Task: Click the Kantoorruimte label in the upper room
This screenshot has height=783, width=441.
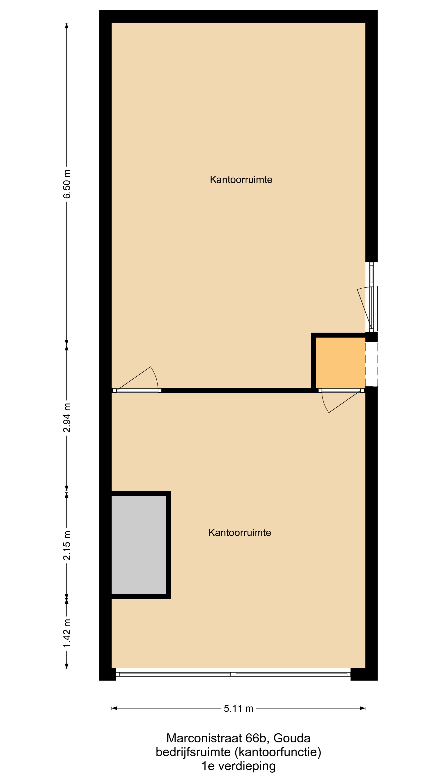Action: tap(241, 179)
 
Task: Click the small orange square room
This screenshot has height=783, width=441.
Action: tap(340, 363)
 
